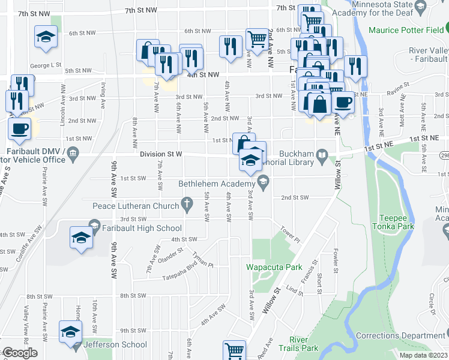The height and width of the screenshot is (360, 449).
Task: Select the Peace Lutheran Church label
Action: pos(136,206)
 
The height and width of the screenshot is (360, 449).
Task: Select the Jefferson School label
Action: pos(115,344)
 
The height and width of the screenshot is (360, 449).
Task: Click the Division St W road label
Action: pos(160,154)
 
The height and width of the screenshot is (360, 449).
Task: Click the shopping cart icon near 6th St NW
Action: pos(257,39)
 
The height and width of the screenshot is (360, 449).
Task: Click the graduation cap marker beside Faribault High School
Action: pos(82,238)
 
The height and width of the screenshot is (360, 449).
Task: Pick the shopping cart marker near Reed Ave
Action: pos(234,350)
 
